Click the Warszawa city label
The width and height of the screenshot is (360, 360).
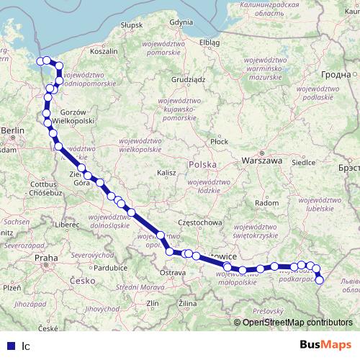tap(261, 160)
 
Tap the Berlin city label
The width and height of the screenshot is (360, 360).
tap(13, 130)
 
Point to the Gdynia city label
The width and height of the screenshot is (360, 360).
tap(181, 22)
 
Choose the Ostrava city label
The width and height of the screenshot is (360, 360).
tap(173, 273)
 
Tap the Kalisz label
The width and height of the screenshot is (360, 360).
tap(166, 173)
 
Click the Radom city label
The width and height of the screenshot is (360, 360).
tap(267, 203)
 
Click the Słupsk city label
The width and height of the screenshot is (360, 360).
tap(132, 24)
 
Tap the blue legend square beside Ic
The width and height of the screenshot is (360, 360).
tap(9, 345)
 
